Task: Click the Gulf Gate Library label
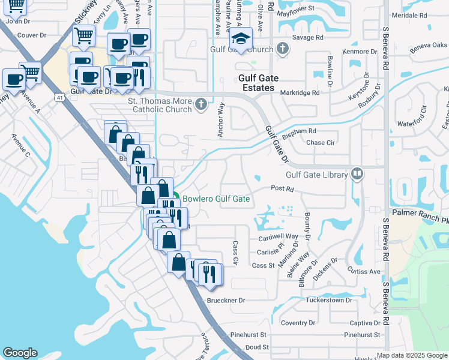click(317, 175)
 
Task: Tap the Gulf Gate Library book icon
click(358, 174)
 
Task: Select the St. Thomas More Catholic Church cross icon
click(201, 105)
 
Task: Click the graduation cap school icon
click(241, 39)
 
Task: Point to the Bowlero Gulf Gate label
click(216, 199)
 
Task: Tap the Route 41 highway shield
click(59, 97)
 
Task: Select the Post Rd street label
click(282, 189)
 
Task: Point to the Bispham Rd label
click(299, 130)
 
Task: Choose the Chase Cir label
click(321, 143)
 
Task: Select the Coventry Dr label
click(294, 323)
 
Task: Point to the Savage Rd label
click(308, 37)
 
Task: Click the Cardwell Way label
click(278, 237)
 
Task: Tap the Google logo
click(20, 353)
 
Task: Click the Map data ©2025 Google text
click(412, 355)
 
